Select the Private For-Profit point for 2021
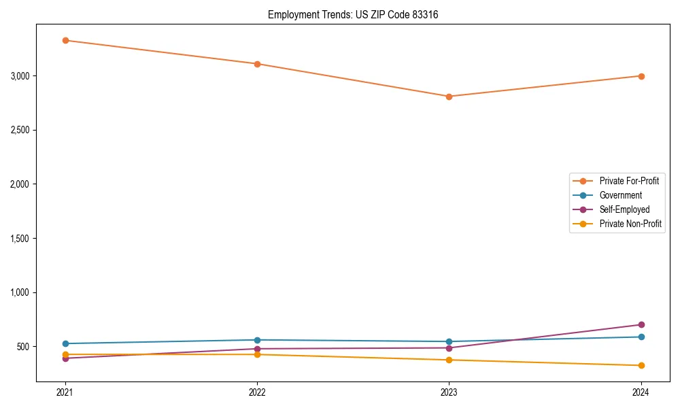click(65, 40)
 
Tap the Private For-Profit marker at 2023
click(449, 97)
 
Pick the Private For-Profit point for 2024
click(641, 76)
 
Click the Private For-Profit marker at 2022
click(257, 64)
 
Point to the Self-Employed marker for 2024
click(641, 325)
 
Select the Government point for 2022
click(257, 340)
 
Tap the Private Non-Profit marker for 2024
click(641, 366)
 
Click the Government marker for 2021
click(65, 344)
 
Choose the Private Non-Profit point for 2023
click(449, 360)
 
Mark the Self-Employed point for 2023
click(449, 348)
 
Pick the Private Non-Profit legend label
click(630, 224)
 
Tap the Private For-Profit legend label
click(629, 181)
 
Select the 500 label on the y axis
click(24, 347)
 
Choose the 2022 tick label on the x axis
click(257, 392)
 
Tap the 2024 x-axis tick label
click(641, 392)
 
